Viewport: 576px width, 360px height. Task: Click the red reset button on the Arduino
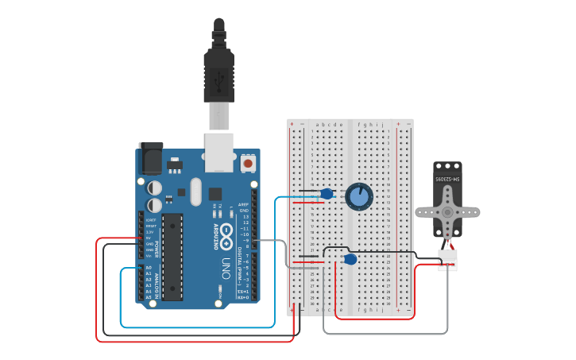pos(248,163)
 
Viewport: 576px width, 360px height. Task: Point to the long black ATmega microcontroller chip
pos(174,257)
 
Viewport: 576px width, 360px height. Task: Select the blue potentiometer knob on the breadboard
pos(358,196)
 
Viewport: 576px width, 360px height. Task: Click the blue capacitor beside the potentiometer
pos(326,193)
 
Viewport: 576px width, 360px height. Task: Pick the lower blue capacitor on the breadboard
pos(350,259)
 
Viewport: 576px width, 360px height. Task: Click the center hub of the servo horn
pos(448,212)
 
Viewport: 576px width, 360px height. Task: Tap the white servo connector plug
pos(448,261)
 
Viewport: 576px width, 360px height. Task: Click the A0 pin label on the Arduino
pos(148,268)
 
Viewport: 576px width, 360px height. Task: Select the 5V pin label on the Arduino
pos(148,237)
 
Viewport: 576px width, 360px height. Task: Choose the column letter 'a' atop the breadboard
pos(318,125)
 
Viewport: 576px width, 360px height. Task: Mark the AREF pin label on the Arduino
pos(244,204)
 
